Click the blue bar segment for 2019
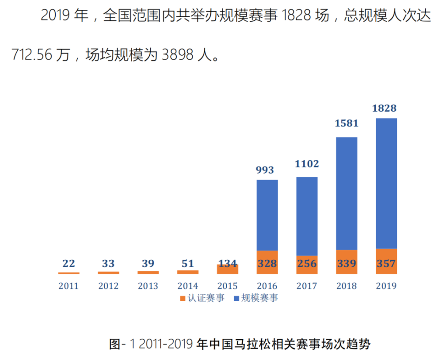[386, 183]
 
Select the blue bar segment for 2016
[267, 215]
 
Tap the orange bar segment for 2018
[347, 262]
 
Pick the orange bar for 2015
[228, 269]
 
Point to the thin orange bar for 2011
[69, 273]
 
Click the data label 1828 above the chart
[384, 108]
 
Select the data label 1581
[347, 123]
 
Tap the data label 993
[265, 170]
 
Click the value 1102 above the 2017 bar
[307, 164]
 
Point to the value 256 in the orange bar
[307, 264]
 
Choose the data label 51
[188, 264]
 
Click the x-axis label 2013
[148, 286]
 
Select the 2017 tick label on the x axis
[307, 286]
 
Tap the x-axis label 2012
[108, 286]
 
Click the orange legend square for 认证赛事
[183, 299]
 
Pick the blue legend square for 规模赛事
[236, 299]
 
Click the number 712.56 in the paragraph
[32, 54]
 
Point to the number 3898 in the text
[178, 54]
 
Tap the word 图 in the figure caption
[115, 344]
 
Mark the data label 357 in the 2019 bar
[386, 264]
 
